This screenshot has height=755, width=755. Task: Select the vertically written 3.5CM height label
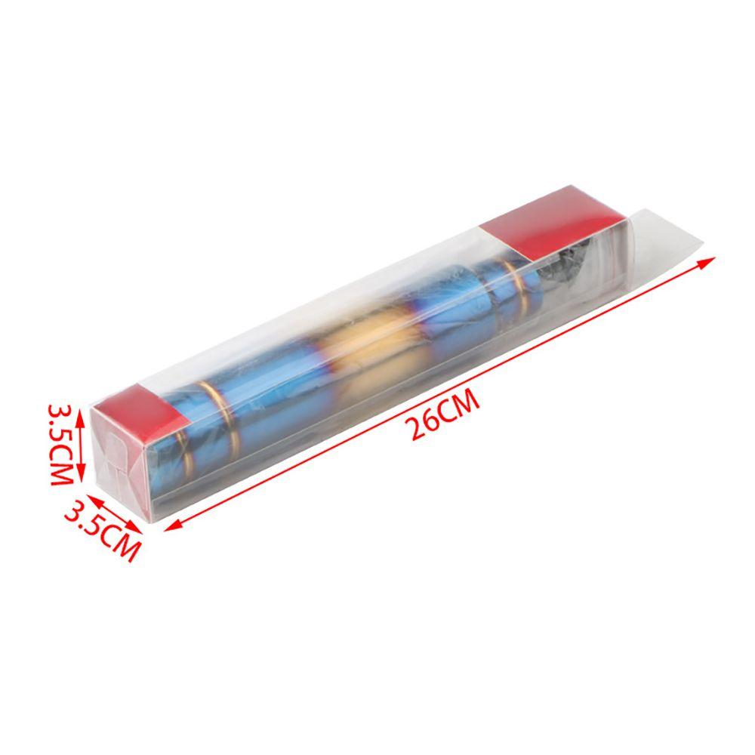point(62,445)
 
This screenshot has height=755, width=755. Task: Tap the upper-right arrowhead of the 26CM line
point(707,260)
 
